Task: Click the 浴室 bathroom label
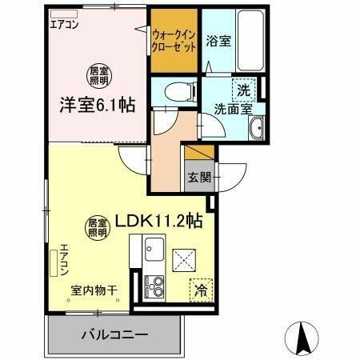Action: click(x=218, y=42)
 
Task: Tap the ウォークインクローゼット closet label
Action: click(x=174, y=40)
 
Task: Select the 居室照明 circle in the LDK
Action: click(x=98, y=229)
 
